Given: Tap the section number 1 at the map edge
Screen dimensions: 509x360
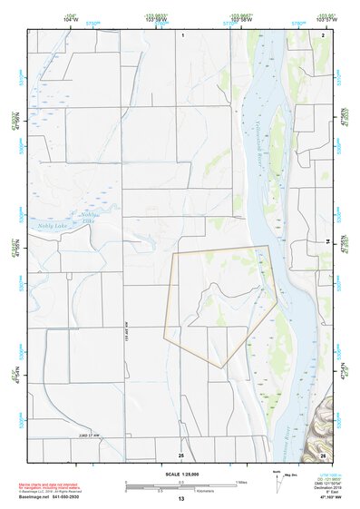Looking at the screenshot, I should [183, 34].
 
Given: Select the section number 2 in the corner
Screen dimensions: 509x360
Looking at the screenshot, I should [322, 34].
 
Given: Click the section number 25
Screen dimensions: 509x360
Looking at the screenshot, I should [181, 454].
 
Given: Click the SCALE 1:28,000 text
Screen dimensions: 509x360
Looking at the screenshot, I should [180, 474].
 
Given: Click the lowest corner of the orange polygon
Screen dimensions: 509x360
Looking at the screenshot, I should [221, 367].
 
